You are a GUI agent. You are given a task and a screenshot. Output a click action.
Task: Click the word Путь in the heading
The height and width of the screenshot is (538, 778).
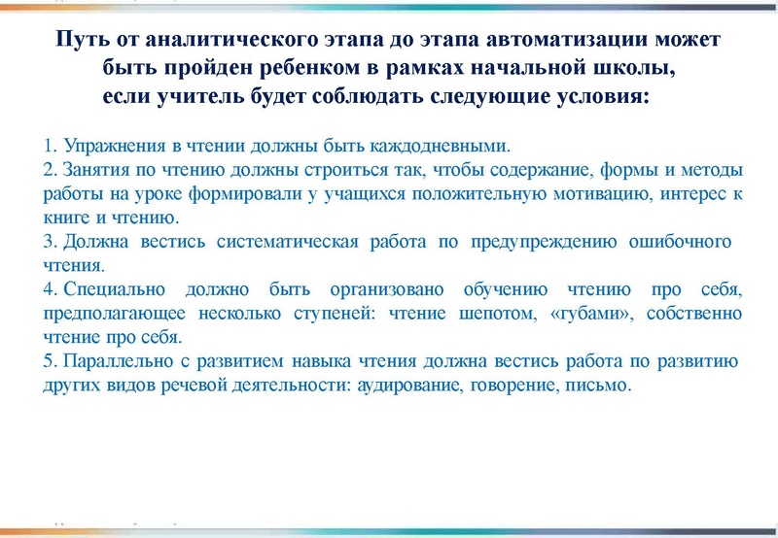(80, 44)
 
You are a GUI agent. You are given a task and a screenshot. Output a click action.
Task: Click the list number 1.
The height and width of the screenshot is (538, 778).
(50, 147)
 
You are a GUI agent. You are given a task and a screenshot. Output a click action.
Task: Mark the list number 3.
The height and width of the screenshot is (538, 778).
(50, 241)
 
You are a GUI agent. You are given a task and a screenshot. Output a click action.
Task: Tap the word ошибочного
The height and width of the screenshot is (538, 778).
(676, 241)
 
